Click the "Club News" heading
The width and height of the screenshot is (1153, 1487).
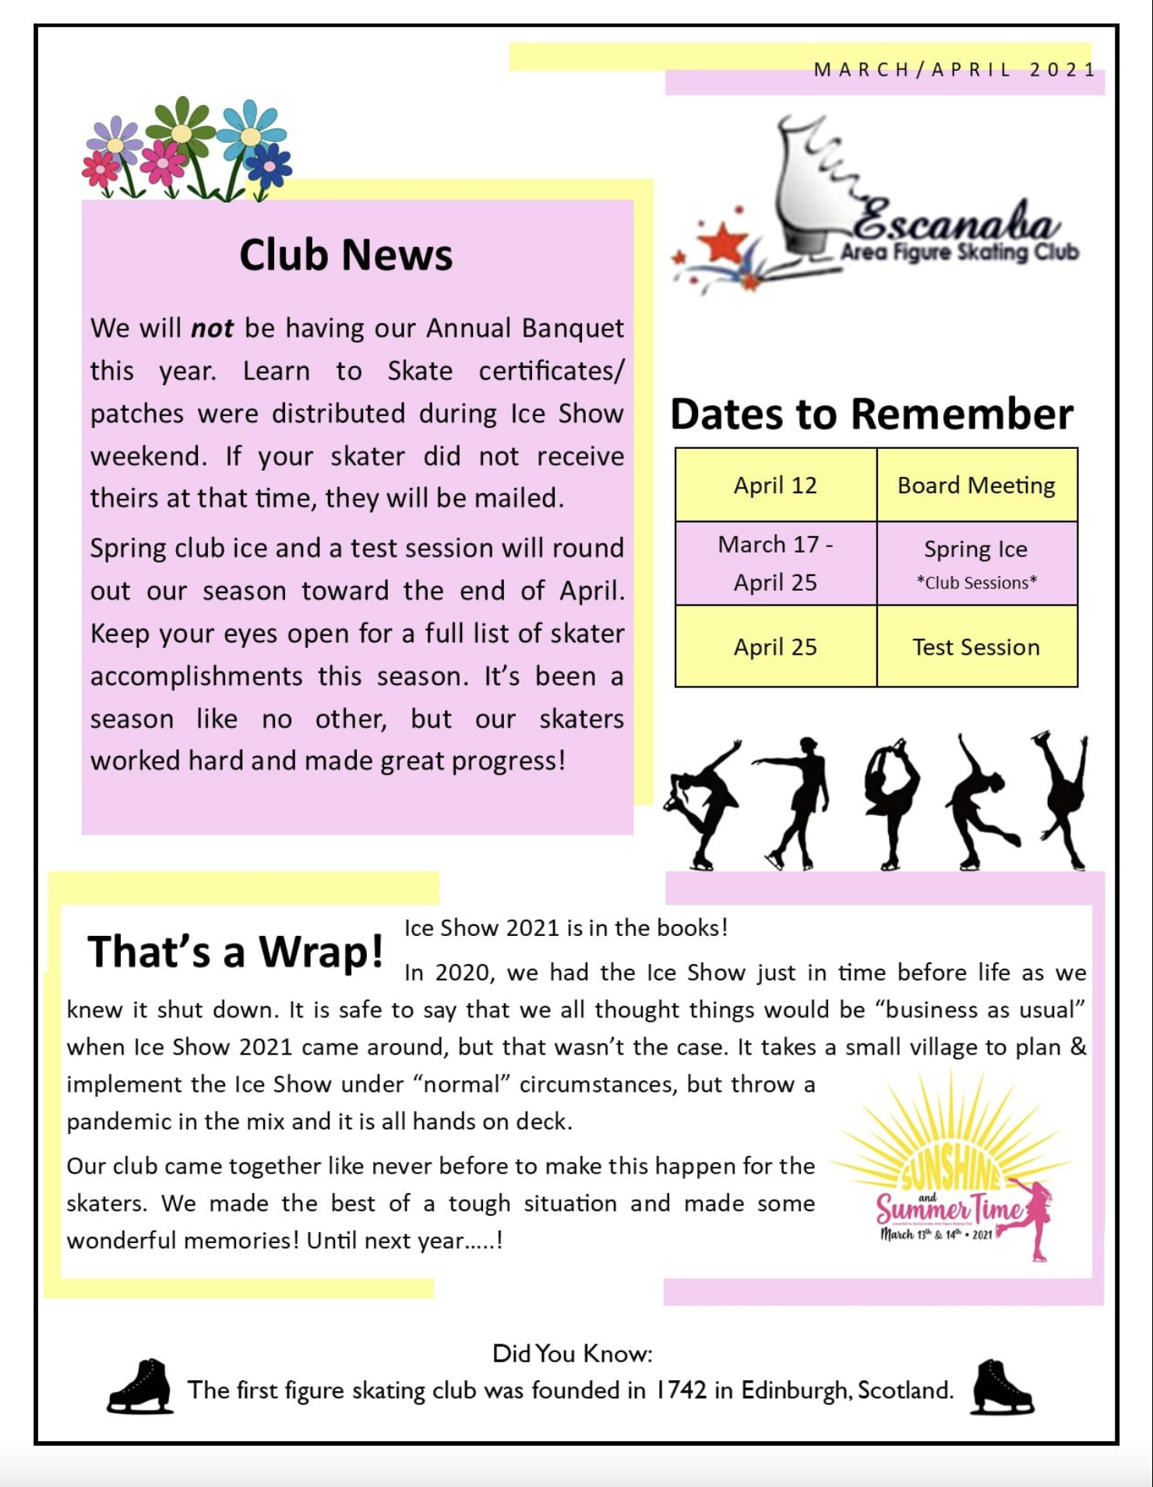tap(345, 255)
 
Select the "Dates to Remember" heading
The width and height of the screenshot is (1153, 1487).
tap(871, 414)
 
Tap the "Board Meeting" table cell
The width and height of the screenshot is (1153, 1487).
tap(976, 486)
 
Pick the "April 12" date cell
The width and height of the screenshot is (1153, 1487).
tap(775, 486)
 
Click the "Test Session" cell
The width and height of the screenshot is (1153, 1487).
tap(976, 647)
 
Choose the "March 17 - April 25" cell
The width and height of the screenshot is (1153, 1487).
tap(775, 563)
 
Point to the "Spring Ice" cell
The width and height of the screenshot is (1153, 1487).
tap(976, 550)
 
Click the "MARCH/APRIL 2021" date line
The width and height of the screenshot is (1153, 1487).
tap(954, 70)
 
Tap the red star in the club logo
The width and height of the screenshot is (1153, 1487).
tap(724, 243)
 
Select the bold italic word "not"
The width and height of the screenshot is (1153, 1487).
tap(212, 328)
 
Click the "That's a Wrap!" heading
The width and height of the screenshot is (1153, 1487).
tap(235, 952)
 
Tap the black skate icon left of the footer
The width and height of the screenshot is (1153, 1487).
tap(140, 1386)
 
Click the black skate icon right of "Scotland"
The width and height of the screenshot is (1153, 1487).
tap(1002, 1386)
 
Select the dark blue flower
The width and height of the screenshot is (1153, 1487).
tap(269, 165)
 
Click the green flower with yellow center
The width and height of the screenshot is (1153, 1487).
tap(182, 133)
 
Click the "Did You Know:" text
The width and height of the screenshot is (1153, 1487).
tap(572, 1354)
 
